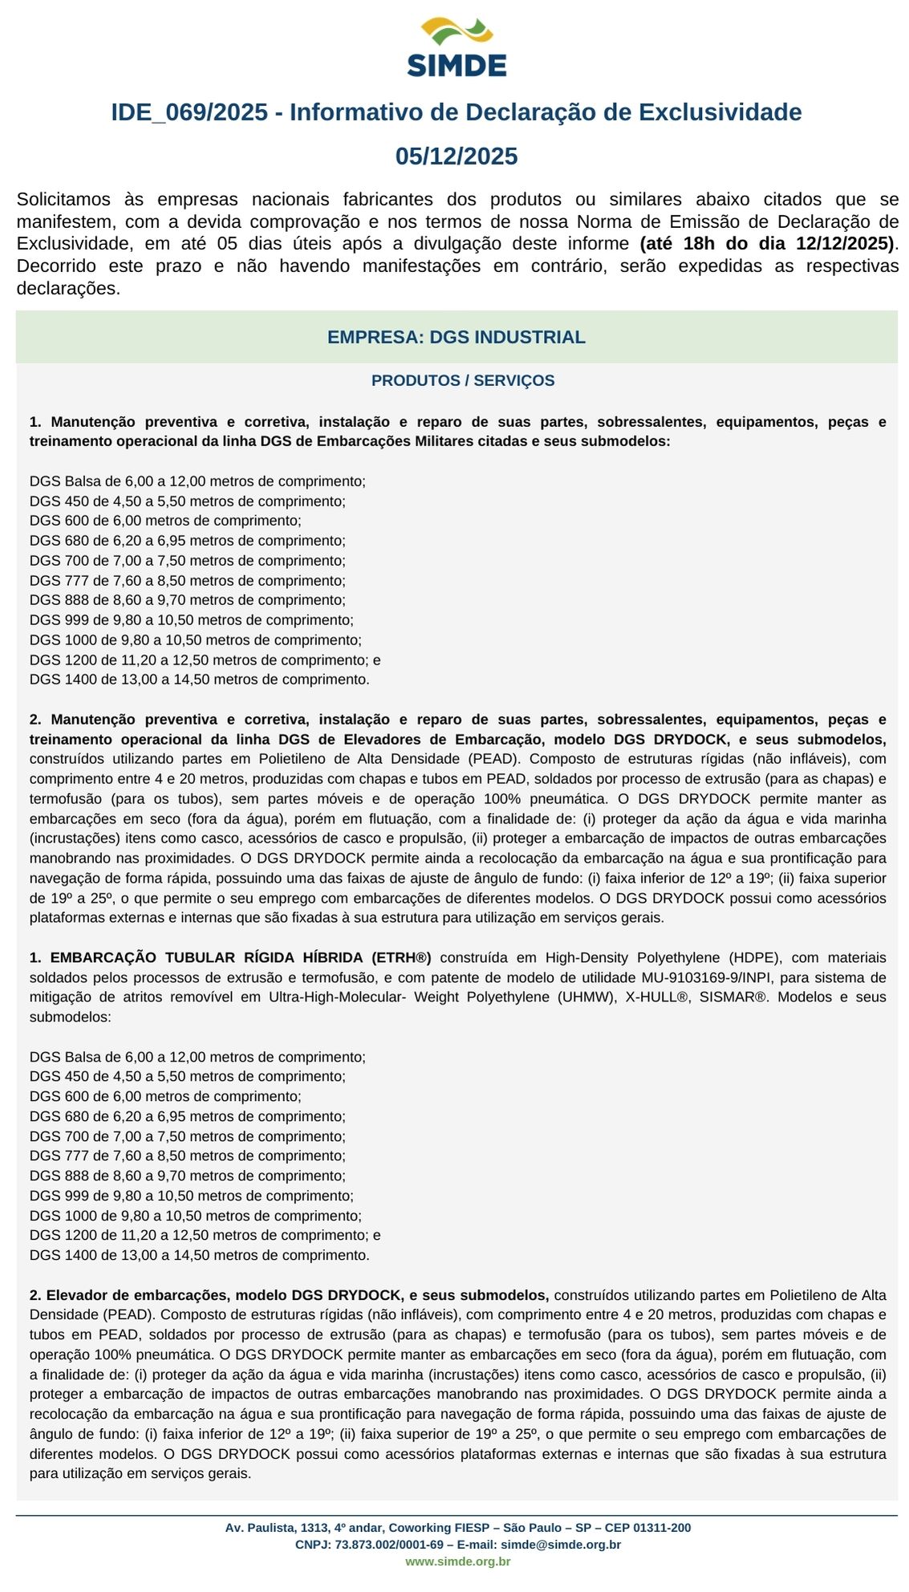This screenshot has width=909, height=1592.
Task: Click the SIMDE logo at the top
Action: pos(457,48)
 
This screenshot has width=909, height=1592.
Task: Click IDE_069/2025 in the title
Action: pos(189,112)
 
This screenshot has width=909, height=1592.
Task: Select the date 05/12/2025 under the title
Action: pos(457,156)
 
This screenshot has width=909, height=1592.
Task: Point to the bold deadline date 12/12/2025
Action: pos(844,244)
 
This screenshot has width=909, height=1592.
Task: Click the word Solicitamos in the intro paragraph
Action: pos(63,200)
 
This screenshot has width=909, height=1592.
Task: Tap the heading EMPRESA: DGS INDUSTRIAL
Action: pos(456,338)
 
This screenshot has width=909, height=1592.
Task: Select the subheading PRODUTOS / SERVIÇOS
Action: pos(462,381)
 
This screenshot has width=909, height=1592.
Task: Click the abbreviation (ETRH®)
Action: pos(401,958)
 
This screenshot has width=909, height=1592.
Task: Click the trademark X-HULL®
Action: pos(657,997)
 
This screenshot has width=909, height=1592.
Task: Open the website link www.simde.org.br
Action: pos(457,1562)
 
